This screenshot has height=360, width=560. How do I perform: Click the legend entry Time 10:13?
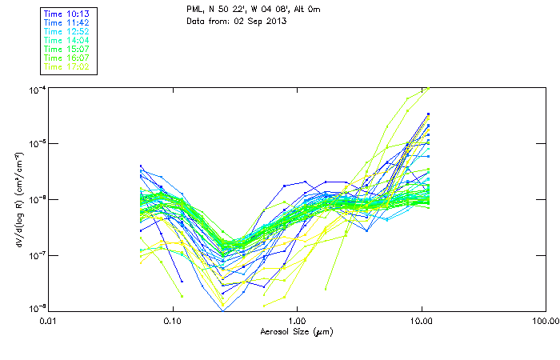pyautogui.click(x=66, y=14)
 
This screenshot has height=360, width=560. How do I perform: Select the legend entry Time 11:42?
pyautogui.click(x=66, y=22)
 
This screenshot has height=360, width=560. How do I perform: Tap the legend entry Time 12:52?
pyautogui.click(x=66, y=31)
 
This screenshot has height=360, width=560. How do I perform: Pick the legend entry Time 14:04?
pyautogui.click(x=66, y=40)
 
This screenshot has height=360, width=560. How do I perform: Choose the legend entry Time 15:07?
pyautogui.click(x=66, y=49)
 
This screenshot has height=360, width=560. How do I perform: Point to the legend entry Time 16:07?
pyautogui.click(x=66, y=58)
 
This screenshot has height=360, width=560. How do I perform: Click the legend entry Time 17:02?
pyautogui.click(x=66, y=66)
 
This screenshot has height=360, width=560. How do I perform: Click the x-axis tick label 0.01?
pyautogui.click(x=49, y=322)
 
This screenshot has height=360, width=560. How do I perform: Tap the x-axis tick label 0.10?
pyautogui.click(x=173, y=322)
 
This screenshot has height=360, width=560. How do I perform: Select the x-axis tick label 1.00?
pyautogui.click(x=297, y=322)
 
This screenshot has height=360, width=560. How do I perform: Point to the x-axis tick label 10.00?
pyautogui.click(x=422, y=322)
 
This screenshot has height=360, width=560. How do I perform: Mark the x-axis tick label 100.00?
pyautogui.click(x=546, y=322)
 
